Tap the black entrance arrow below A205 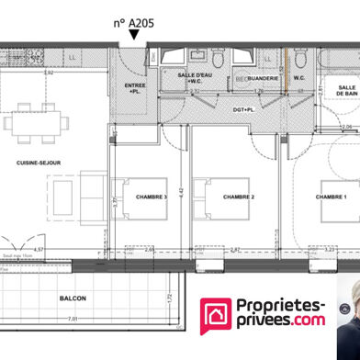pyautogui.click(x=136, y=35)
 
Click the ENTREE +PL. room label pyautogui.click(x=134, y=88)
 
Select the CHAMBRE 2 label pyautogui.click(x=239, y=197)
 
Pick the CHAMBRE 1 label pyautogui.click(x=331, y=197)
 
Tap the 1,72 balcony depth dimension pyautogui.click(x=171, y=298)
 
